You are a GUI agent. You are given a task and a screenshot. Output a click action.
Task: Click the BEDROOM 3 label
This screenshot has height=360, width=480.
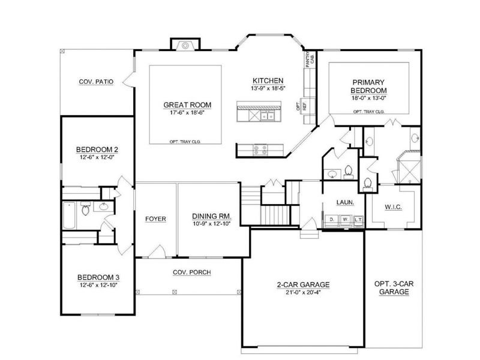[98, 277]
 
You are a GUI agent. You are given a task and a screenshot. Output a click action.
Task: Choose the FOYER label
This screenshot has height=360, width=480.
[155, 218]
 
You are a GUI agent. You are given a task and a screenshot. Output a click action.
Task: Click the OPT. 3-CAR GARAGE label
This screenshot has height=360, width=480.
[394, 287]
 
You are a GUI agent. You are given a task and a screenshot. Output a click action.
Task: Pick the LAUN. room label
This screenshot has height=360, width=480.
[344, 203]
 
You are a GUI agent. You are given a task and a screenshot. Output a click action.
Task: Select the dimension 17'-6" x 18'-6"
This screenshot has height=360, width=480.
[185, 112]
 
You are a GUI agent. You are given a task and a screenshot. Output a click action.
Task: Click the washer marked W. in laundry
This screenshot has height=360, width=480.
[344, 220]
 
